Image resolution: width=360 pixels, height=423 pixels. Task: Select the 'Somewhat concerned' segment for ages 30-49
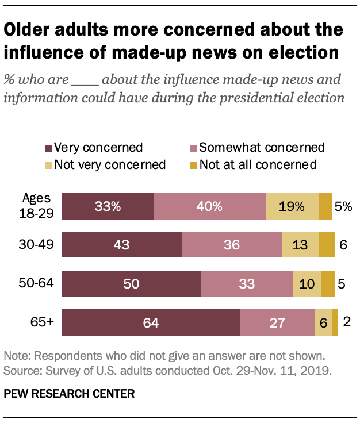click(x=232, y=244)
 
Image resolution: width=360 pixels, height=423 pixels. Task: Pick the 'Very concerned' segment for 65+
click(x=151, y=322)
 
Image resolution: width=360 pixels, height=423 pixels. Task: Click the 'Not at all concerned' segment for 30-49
click(x=327, y=244)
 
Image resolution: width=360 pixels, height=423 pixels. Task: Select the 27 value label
click(x=278, y=322)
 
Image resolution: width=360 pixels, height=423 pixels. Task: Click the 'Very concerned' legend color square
click(x=49, y=148)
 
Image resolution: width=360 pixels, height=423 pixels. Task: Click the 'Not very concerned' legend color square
click(x=49, y=166)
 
